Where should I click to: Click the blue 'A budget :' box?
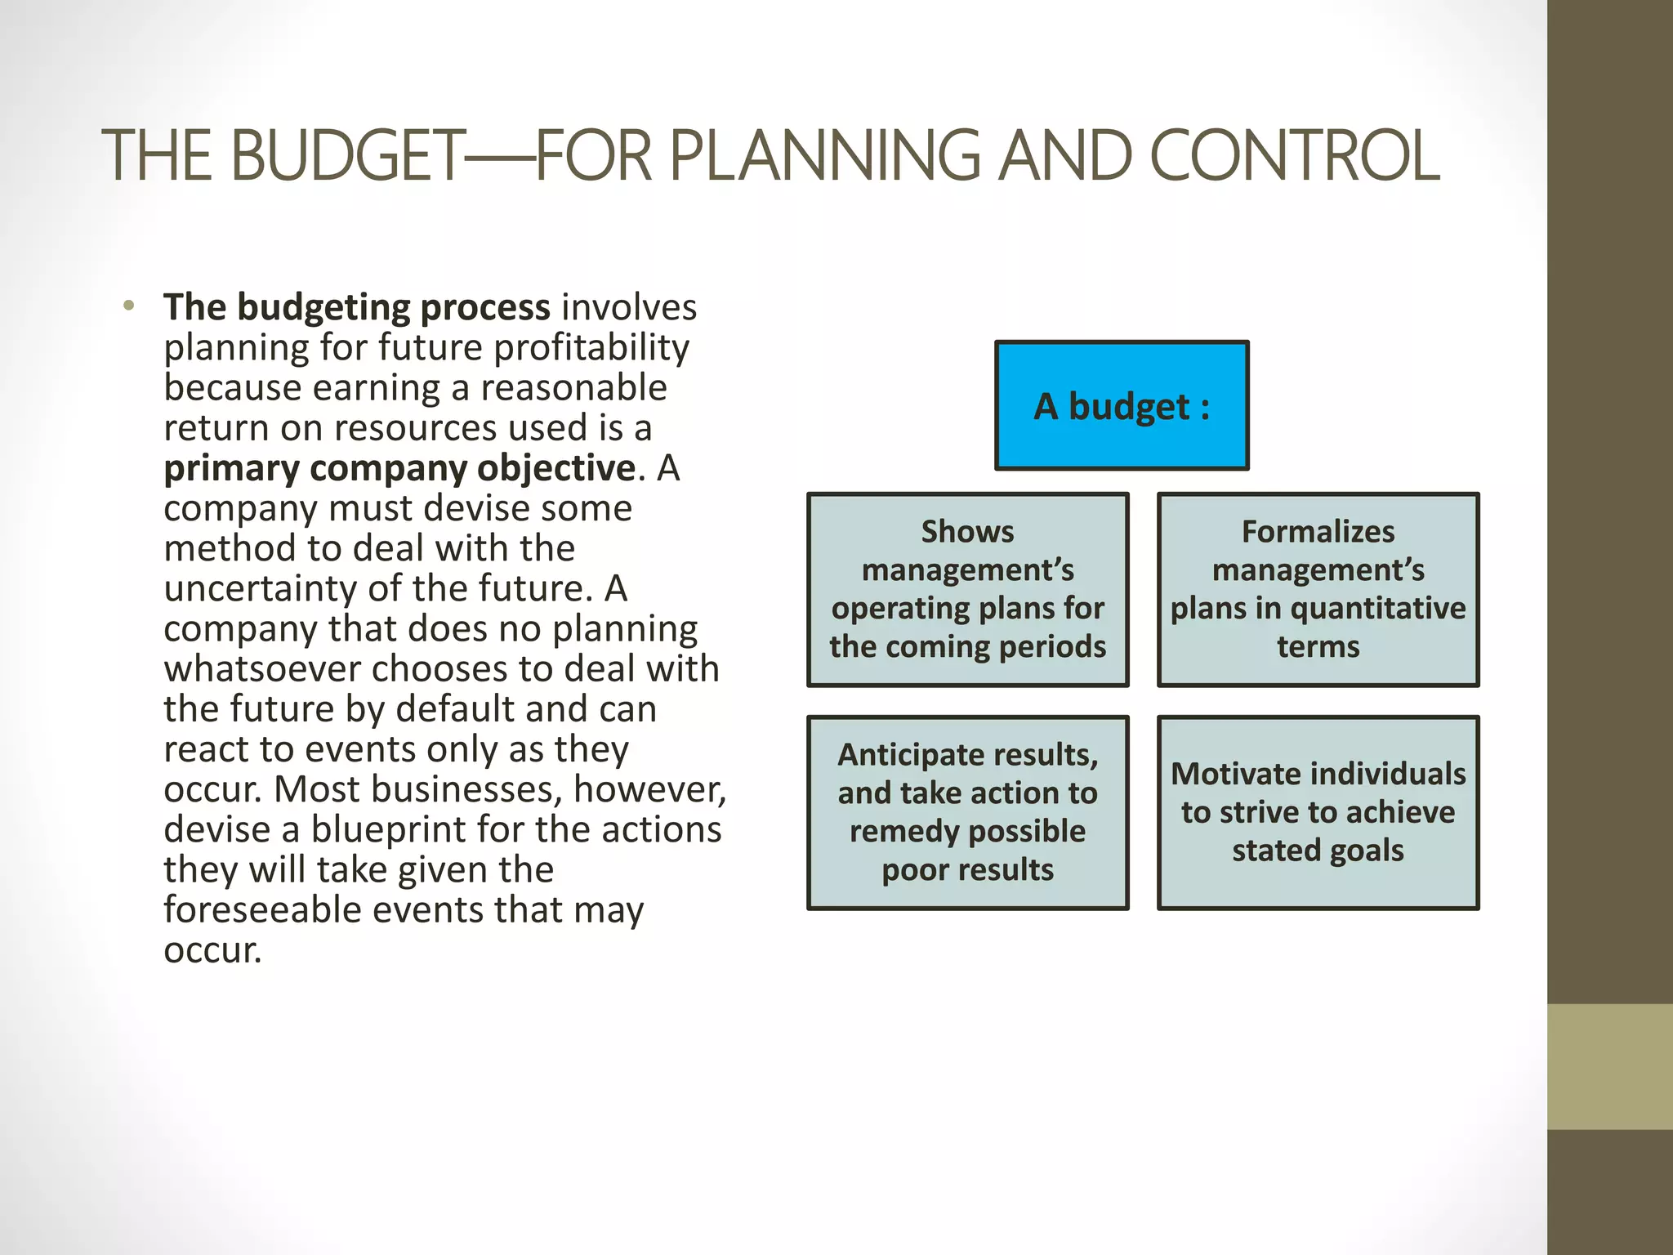[1122, 406]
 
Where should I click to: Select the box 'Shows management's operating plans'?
[968, 589]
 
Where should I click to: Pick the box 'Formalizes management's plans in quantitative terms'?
[1318, 589]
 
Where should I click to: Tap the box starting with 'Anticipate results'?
[968, 812]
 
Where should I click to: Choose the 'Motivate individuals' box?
[1318, 812]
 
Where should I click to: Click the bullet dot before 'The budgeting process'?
[128, 307]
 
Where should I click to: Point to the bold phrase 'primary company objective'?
[399, 468]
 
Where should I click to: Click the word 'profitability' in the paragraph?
[591, 347]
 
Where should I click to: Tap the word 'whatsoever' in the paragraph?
[261, 669]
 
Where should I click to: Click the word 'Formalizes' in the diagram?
[1318, 532]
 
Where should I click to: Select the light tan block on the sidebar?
[1609, 1066]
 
